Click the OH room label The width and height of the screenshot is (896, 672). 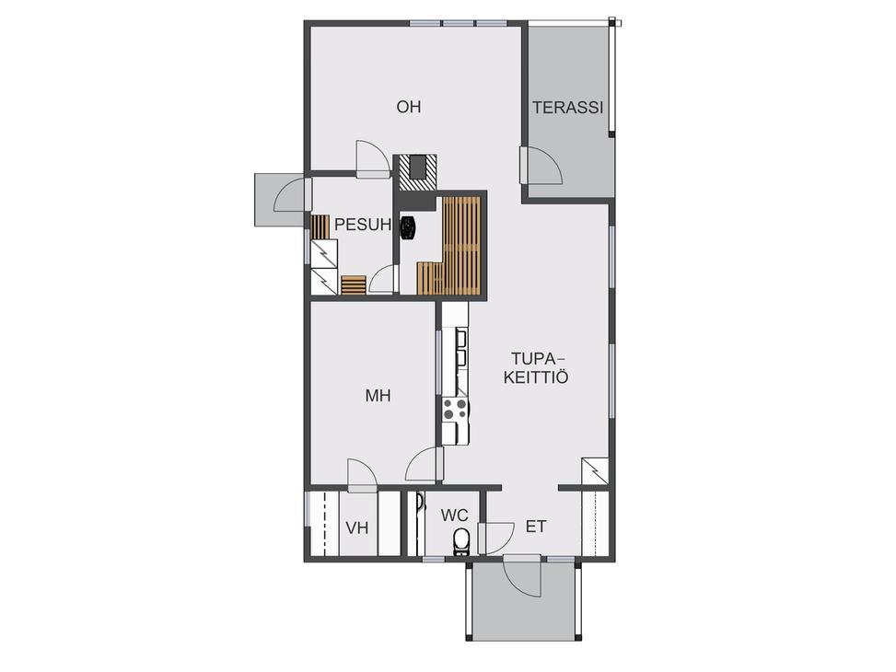tap(409, 107)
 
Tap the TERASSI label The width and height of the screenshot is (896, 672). tap(568, 108)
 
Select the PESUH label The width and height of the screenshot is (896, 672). tap(363, 225)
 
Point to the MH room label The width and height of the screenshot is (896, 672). tap(378, 395)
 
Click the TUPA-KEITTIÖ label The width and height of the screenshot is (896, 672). tap(536, 368)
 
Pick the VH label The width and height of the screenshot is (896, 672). tap(357, 528)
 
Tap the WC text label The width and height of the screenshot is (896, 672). tap(454, 516)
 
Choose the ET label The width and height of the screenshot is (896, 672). tap(535, 527)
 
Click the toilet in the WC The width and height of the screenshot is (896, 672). tap(460, 541)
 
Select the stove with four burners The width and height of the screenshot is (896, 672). tap(456, 409)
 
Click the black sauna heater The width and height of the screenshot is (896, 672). tap(408, 228)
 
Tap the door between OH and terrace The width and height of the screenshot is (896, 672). tap(541, 166)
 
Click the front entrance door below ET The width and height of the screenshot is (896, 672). tap(522, 575)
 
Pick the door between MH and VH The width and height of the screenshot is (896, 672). tap(362, 475)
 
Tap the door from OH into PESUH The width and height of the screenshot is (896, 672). tap(372, 159)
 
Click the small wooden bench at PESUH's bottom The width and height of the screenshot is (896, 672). tap(354, 284)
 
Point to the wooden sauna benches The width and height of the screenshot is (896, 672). tap(451, 247)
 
